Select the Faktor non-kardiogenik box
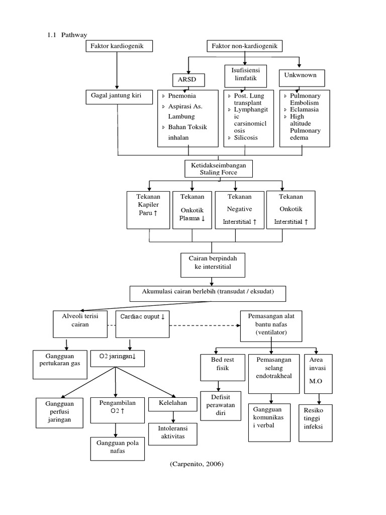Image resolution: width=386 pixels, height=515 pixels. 244,47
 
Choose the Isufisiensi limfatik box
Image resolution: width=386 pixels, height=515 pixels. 245,76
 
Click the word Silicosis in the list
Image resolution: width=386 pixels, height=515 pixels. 246,137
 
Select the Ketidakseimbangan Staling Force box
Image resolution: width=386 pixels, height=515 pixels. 218,168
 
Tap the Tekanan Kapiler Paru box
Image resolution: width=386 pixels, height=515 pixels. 148,209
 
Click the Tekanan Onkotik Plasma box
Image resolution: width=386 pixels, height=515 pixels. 191,209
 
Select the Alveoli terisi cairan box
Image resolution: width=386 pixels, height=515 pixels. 80,323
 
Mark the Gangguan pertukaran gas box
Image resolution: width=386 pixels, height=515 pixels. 60,364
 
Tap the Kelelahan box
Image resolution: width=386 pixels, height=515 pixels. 173,403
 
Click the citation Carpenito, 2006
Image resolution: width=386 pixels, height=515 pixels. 197,464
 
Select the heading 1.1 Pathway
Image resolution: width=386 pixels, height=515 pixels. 67,35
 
